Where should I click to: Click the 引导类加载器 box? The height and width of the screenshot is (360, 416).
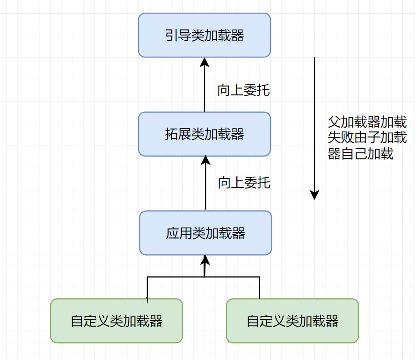coord(204,35)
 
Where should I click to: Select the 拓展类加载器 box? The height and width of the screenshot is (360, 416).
coord(204,134)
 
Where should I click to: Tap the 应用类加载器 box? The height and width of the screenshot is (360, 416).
coord(205,233)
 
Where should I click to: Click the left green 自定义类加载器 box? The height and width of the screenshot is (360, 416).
coord(117,321)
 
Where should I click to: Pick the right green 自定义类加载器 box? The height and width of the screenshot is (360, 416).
coord(292,321)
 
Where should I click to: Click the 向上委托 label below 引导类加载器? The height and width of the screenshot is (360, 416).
coord(243,90)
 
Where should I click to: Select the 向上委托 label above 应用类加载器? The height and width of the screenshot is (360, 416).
coord(244,182)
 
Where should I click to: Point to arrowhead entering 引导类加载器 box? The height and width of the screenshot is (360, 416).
coord(204,62)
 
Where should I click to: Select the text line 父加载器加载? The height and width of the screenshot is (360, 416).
coord(367,122)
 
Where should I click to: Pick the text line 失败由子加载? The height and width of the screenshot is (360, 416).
coord(367,138)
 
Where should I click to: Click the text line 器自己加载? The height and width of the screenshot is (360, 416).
coord(360,153)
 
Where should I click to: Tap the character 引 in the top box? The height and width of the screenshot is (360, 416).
coord(172,36)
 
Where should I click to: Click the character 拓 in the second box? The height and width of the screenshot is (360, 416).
coord(172,134)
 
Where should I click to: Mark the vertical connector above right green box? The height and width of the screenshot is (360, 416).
coord(259,288)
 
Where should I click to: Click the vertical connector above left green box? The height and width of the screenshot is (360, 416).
coord(147,288)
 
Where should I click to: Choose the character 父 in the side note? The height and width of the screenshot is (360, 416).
coord(334,122)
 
